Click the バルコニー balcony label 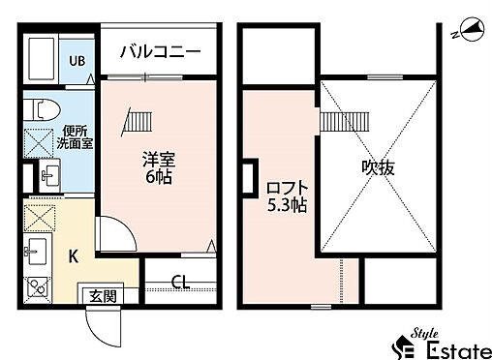[x=160, y=51]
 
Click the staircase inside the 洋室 [x=137, y=122]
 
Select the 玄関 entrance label [x=103, y=296]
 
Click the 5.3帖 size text [x=287, y=206]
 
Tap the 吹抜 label [x=379, y=167]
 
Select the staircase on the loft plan [x=338, y=122]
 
